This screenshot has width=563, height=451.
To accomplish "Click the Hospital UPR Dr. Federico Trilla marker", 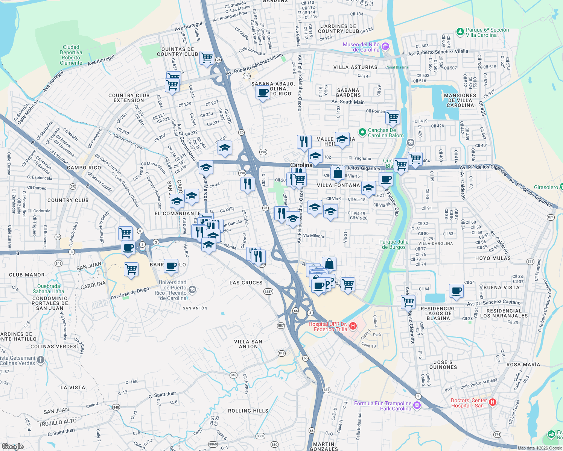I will (x=353, y=326).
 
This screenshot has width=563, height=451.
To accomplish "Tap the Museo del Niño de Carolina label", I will (x=361, y=47).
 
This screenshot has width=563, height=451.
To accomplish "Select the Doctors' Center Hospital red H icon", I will (x=492, y=403).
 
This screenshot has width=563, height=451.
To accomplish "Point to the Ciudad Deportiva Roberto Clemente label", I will (x=71, y=55).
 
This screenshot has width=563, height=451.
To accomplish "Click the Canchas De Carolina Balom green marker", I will (x=362, y=132).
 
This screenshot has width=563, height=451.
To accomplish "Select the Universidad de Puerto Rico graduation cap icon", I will (x=192, y=289).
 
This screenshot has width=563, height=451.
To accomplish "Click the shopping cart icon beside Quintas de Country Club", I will (x=207, y=58).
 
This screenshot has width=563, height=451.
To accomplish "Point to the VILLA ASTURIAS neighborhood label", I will (x=355, y=67).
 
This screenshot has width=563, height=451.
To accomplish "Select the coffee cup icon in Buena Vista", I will (x=456, y=291).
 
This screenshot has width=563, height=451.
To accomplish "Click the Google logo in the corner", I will (x=12, y=446).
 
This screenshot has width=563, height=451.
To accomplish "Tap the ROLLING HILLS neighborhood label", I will (x=248, y=411).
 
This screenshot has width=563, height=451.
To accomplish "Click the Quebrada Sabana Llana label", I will (x=48, y=289).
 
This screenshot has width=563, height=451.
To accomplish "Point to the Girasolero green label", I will (x=546, y=187).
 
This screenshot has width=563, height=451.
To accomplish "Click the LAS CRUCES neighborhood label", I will (x=246, y=283).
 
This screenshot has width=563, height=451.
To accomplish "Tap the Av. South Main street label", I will (x=348, y=102).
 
